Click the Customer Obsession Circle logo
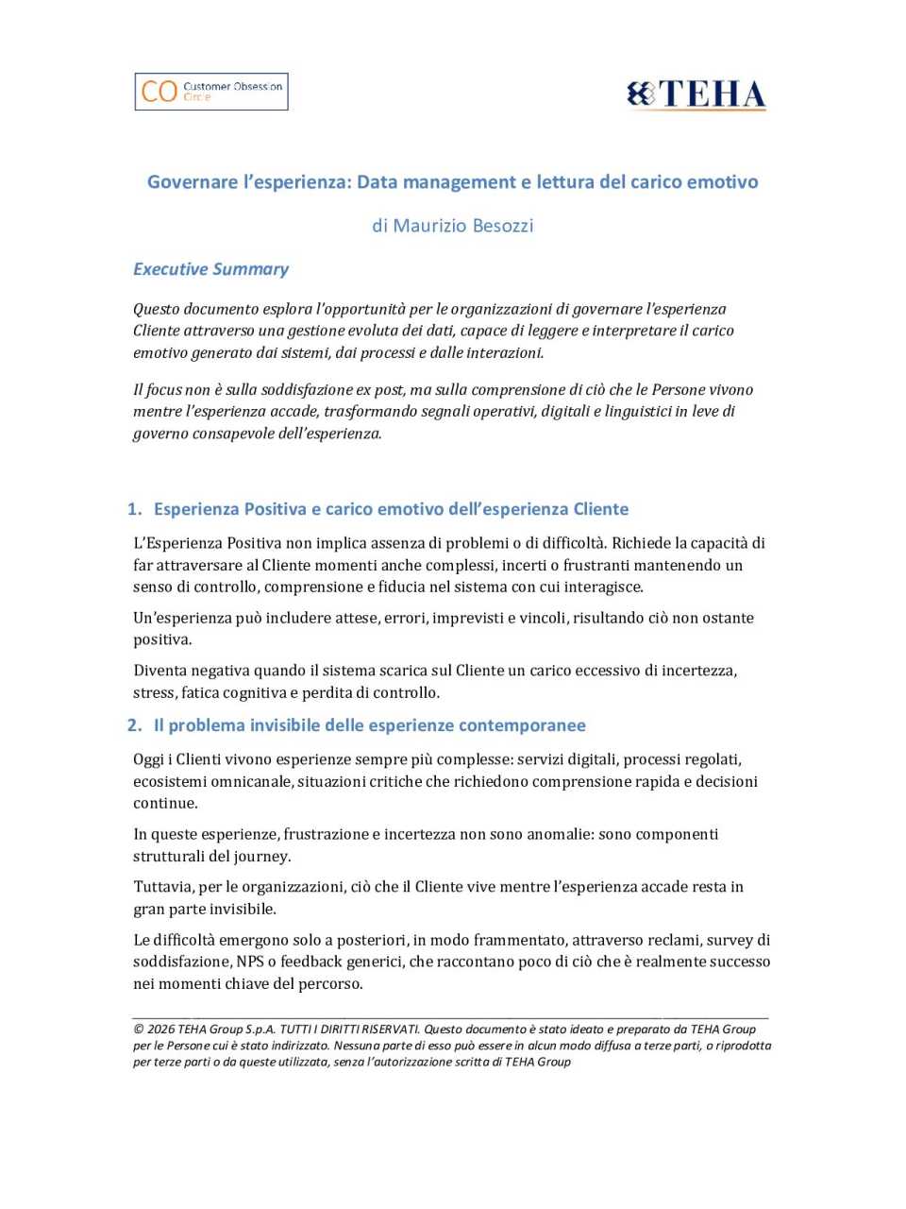click(211, 92)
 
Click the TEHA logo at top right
click(696, 94)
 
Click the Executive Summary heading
click(210, 269)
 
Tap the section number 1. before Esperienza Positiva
click(134, 509)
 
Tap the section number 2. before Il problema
click(134, 725)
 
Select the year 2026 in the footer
click(161, 1030)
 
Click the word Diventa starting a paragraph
click(160, 671)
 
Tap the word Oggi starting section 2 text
click(149, 759)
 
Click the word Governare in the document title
click(193, 181)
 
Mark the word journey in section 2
click(260, 857)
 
